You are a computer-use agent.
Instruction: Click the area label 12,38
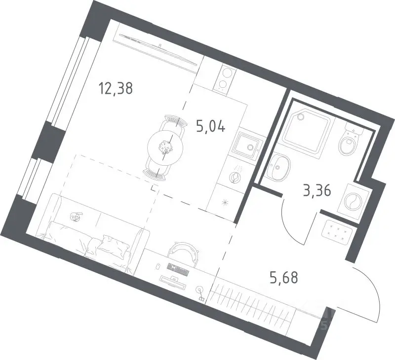coord(116,89)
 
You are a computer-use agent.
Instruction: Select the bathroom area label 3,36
coord(317,191)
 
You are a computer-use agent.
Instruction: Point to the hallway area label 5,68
coord(284,278)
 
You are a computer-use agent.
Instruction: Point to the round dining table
coord(165,148)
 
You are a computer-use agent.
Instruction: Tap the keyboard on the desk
coord(178,269)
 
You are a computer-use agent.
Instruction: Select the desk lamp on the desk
coord(201,293)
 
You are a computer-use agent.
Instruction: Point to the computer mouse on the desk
coord(158,266)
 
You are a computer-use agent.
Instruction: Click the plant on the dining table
coord(165,147)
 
